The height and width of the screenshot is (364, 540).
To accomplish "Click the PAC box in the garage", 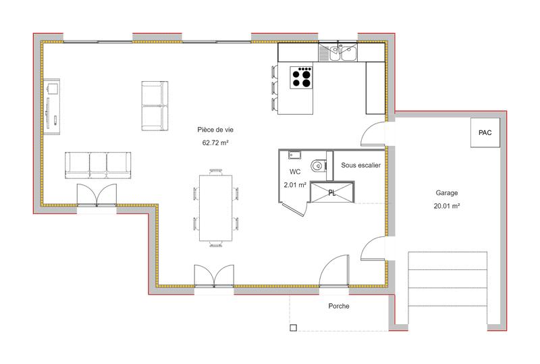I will pos(485,132).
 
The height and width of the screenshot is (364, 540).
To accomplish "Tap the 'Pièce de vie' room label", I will pos(215,129).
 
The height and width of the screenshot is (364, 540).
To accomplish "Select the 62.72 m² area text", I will pos(215,143).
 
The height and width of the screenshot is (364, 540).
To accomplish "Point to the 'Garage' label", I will pos(447,192).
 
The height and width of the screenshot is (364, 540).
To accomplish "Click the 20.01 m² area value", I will pos(447,207).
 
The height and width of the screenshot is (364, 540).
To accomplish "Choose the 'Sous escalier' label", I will pos(361,165).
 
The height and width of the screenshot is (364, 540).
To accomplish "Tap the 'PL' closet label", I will pos(331,192).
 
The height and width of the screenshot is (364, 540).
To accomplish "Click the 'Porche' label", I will pos(339,306).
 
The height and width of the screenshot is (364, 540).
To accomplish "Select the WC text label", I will pos(295,172).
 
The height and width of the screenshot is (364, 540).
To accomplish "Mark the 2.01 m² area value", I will pos(295,184).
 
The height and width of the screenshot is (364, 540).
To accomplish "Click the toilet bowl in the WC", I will pos(318,165).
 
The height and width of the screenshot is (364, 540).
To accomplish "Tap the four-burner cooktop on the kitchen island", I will pos(301,77).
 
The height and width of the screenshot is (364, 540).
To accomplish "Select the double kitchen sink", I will pos(340,53).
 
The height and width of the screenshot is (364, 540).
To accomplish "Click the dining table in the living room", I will pos(215,209).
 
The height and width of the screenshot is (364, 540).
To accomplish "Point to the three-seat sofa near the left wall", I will pos(98,165).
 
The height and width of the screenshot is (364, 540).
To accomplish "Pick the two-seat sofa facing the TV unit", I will pos(154,107).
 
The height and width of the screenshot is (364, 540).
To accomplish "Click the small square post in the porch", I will pos(293,328).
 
